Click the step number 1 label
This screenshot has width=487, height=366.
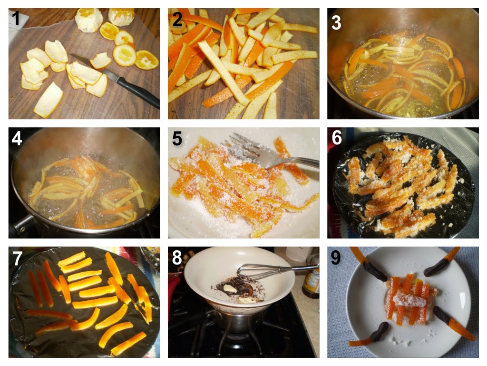[15, 19]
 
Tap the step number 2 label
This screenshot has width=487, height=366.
[177, 19]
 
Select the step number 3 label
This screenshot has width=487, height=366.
[336, 22]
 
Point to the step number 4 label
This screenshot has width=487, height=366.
[17, 138]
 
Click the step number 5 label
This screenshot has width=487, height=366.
[177, 138]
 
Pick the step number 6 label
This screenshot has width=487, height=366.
[337, 138]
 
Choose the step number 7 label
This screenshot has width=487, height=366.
[18, 258]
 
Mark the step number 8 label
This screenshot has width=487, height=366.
[177, 258]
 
